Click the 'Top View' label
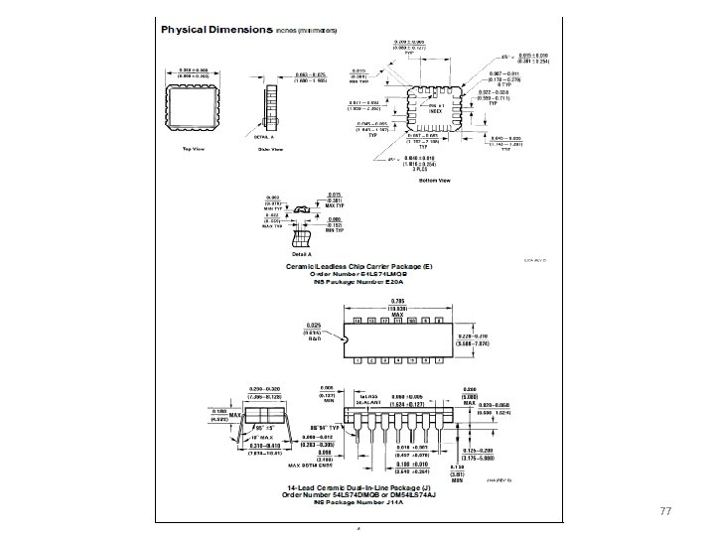[x=193, y=149]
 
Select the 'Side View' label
[x=270, y=149]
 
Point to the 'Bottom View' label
[x=435, y=181]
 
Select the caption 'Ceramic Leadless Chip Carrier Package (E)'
[x=359, y=266]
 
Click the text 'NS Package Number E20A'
[x=359, y=282]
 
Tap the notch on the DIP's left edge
[x=344, y=338]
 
